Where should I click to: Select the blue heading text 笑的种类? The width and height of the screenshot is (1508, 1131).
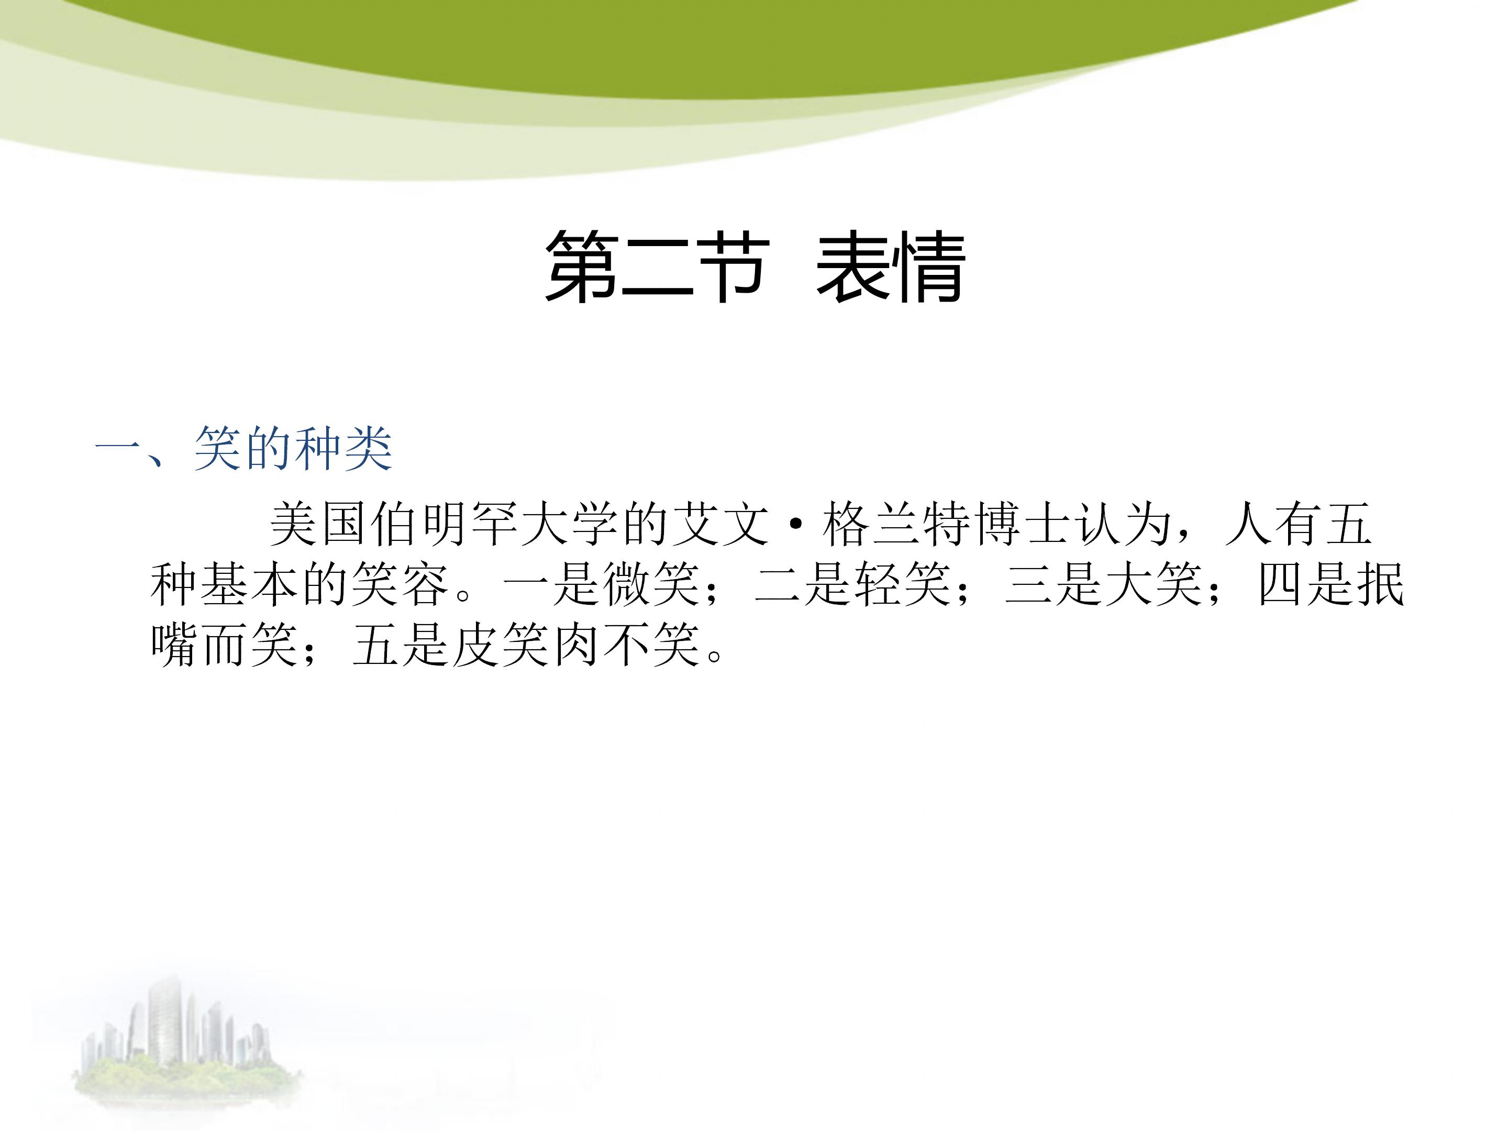point(293,449)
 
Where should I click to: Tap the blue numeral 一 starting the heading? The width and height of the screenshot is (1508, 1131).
point(117,449)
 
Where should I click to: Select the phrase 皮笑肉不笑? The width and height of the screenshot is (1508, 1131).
point(576,644)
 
